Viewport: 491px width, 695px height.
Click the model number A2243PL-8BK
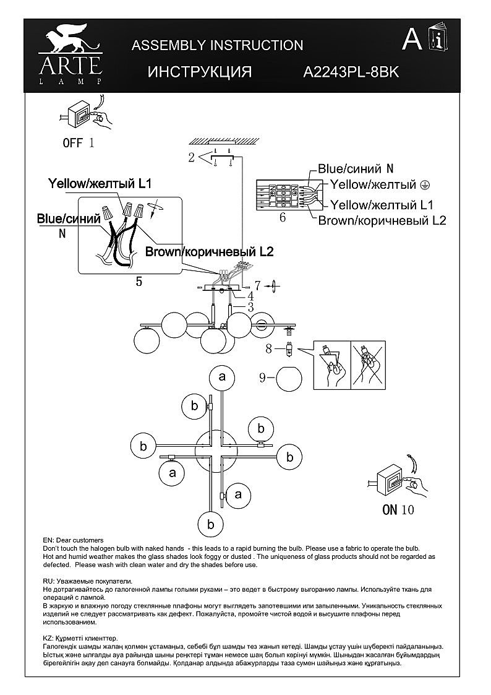(351, 72)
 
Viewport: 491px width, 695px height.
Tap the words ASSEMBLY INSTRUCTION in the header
(218, 45)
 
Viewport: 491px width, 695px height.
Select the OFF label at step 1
(72, 143)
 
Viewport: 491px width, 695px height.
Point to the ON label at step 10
(390, 510)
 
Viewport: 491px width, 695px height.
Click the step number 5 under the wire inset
(139, 282)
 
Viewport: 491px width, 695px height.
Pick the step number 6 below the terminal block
(283, 217)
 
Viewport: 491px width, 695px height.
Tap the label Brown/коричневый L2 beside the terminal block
(382, 220)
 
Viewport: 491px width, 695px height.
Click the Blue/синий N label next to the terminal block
(356, 168)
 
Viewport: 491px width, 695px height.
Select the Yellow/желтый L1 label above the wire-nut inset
(100, 184)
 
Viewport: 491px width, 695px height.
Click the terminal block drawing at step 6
(281, 196)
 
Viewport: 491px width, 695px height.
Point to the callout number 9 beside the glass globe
(262, 376)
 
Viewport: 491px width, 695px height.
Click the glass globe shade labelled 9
(289, 379)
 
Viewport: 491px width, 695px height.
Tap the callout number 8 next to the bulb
(268, 348)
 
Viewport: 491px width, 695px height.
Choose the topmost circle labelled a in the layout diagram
(223, 377)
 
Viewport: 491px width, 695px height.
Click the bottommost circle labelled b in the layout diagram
(210, 524)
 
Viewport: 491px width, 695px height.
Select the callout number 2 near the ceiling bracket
(192, 157)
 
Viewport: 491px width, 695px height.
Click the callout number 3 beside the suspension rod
(250, 306)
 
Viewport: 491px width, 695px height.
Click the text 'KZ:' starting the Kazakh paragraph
(49, 637)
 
